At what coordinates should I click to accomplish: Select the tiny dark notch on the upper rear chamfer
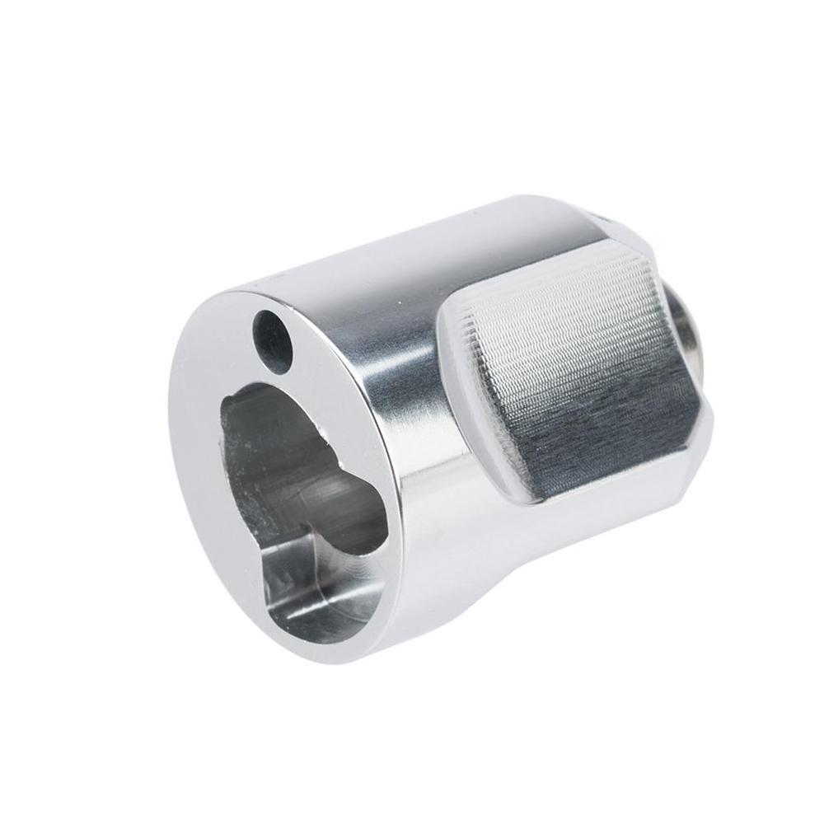click(x=599, y=221)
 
